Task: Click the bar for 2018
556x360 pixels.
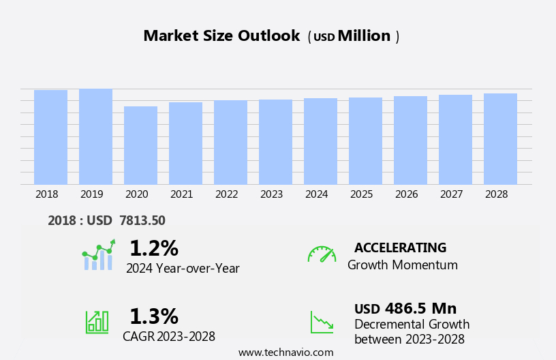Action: click(x=50, y=137)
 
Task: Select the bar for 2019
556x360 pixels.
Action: click(x=95, y=136)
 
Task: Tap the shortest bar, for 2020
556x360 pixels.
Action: click(x=140, y=145)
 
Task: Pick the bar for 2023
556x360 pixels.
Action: click(x=275, y=142)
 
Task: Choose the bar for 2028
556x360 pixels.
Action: click(x=500, y=138)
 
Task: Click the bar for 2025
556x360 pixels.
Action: click(x=365, y=140)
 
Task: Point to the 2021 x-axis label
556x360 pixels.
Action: click(x=181, y=194)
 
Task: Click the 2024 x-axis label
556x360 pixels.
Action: click(x=316, y=194)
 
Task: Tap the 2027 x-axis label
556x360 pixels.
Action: click(x=451, y=194)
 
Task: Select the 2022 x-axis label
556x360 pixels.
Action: click(x=226, y=194)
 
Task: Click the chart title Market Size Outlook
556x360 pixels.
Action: click(x=221, y=36)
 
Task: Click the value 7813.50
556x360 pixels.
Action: click(x=142, y=220)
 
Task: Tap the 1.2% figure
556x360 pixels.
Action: click(x=153, y=247)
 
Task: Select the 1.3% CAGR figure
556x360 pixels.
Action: click(x=153, y=316)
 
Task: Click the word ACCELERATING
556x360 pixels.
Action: click(x=400, y=247)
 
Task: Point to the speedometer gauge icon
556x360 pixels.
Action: click(x=322, y=254)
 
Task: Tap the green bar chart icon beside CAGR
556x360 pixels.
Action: click(x=97, y=321)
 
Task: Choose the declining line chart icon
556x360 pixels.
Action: click(x=322, y=322)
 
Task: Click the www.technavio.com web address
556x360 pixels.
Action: click(x=285, y=352)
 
